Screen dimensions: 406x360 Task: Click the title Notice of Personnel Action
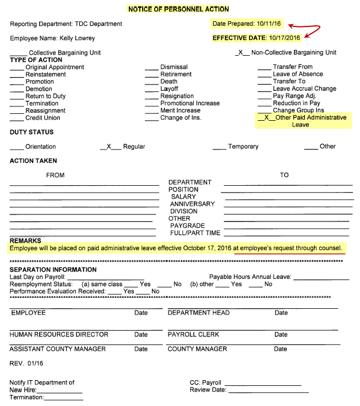(x=179, y=9)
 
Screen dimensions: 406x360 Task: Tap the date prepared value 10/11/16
(x=267, y=24)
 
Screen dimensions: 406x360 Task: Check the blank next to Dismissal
(x=151, y=67)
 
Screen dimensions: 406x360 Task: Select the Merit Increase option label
(x=180, y=110)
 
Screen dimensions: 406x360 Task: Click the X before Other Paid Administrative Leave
(x=266, y=117)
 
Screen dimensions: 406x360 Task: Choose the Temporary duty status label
(x=243, y=147)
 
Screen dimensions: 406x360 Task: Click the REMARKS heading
(x=25, y=240)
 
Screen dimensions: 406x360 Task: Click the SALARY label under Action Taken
(x=183, y=197)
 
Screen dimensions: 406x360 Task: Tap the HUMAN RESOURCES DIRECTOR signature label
(x=59, y=334)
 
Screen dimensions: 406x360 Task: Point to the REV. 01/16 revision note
(x=27, y=363)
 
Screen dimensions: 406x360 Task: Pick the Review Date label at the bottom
(x=208, y=390)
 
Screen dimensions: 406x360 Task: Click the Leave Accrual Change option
(x=304, y=89)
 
